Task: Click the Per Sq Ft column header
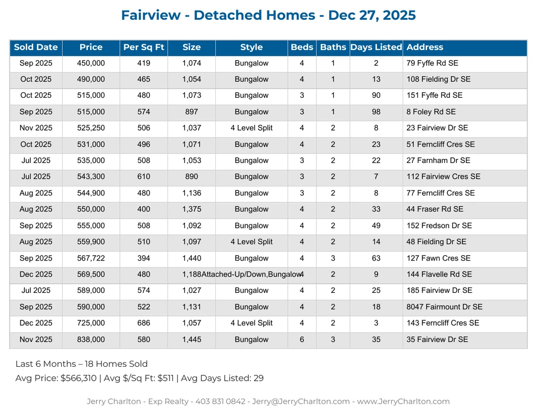144,48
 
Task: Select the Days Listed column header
376,48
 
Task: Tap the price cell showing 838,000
91,340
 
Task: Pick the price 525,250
91,128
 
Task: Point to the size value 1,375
191,209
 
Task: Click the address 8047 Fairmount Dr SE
444,307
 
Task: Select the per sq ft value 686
144,323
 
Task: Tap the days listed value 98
376,112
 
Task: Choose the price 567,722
91,258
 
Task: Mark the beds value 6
302,340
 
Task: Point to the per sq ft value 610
144,177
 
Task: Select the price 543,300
91,177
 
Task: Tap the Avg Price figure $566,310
79,378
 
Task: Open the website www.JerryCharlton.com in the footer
403,402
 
